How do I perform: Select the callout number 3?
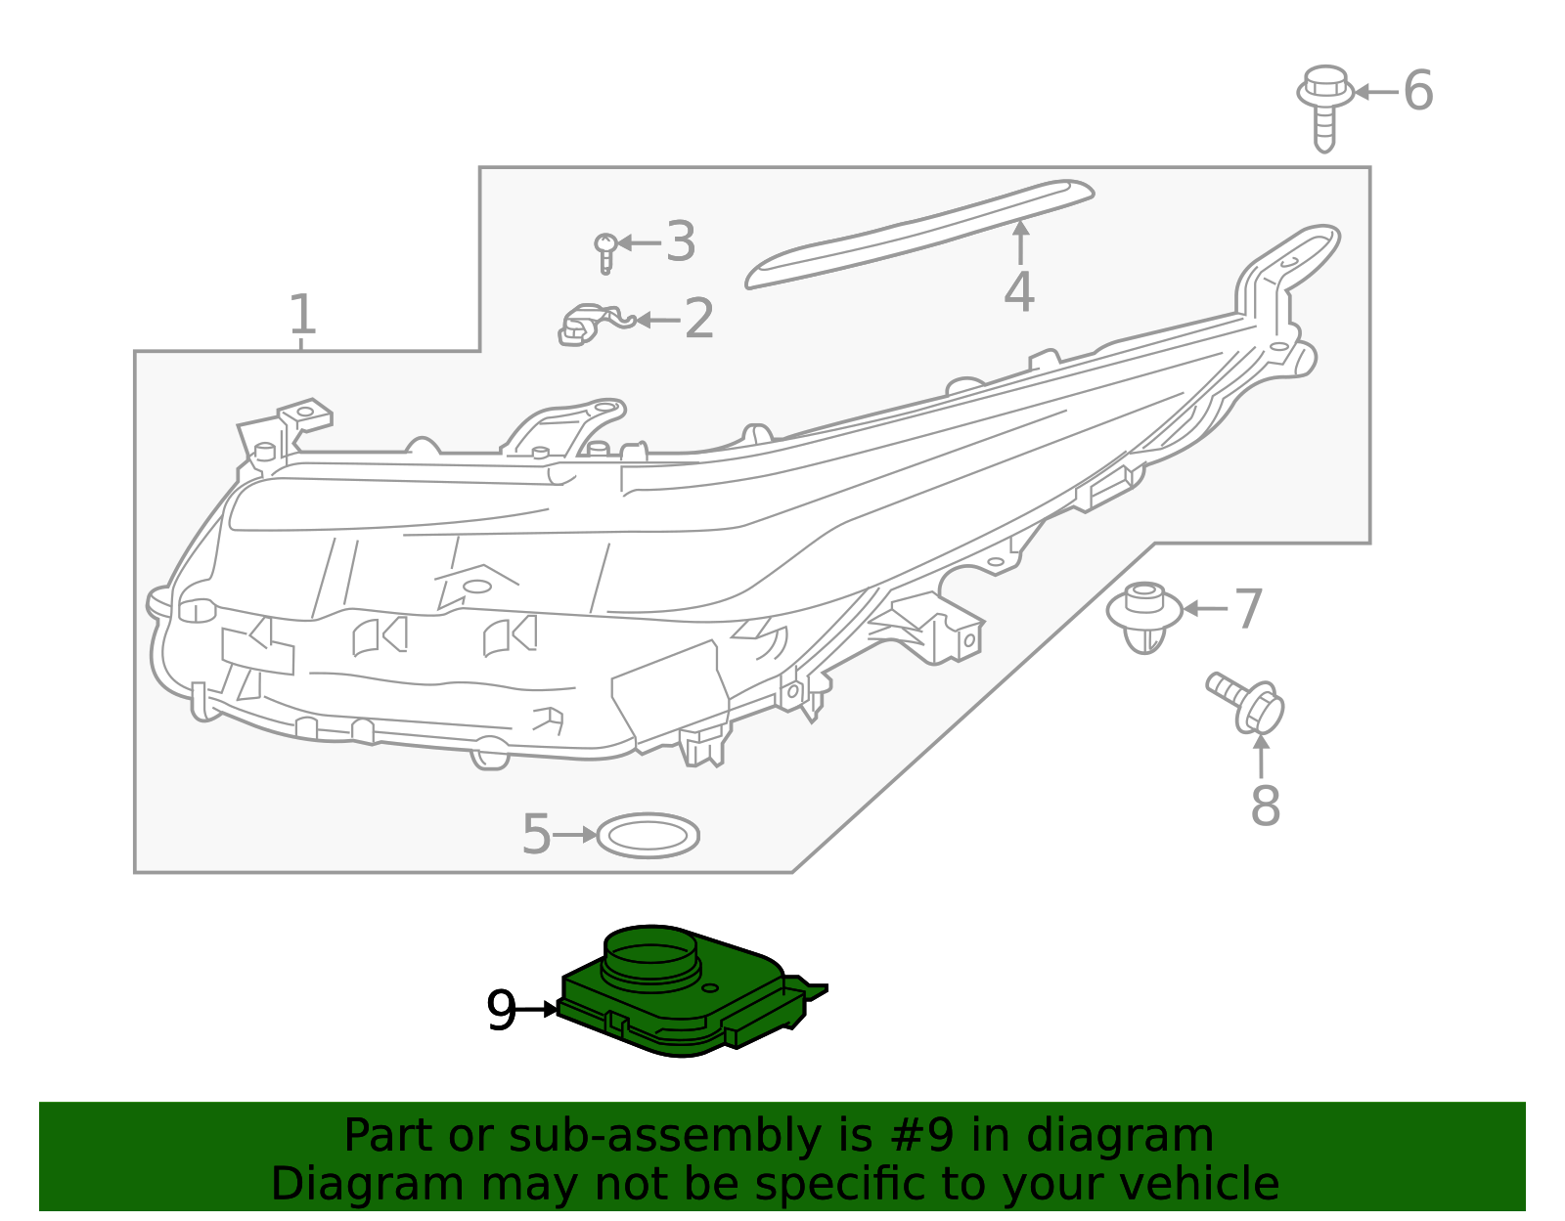coord(681,241)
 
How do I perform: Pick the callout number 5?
coord(537,835)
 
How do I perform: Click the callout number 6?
coord(1418,91)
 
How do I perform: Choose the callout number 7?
coord(1249,608)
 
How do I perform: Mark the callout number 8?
coord(1266,806)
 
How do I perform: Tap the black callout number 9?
coord(501,1010)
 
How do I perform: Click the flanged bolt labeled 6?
coord(1324,108)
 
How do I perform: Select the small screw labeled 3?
coord(605,252)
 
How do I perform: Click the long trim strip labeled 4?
coord(919,234)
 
